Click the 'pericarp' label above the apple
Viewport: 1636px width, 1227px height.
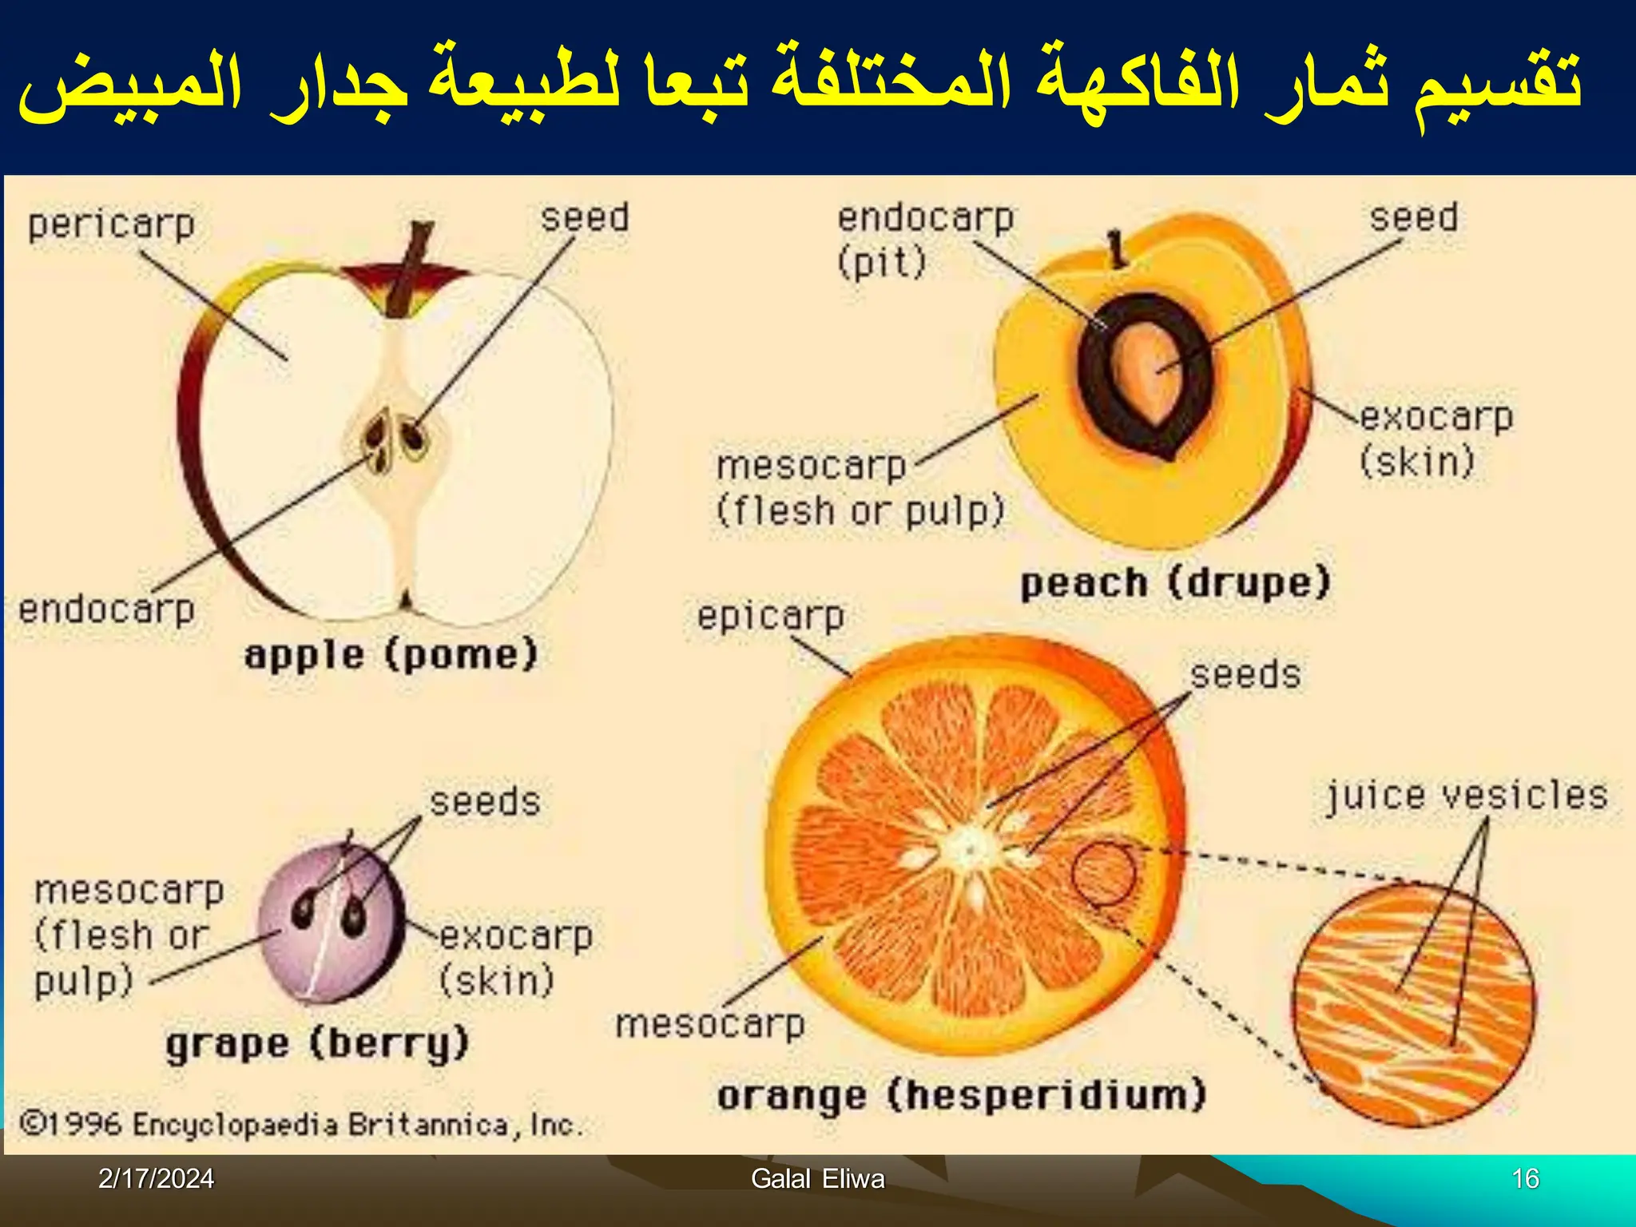[112, 225]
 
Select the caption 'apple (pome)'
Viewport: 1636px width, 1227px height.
[391, 656]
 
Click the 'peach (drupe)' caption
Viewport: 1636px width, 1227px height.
[1175, 583]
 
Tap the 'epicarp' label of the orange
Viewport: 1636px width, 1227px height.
[770, 617]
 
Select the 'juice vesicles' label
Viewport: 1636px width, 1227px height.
[1467, 796]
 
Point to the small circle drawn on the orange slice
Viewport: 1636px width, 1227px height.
[1102, 874]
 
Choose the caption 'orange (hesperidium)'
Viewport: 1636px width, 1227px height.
[961, 1096]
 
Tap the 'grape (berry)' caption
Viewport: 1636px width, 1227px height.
[317, 1044]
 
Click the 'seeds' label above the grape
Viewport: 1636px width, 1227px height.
[485, 802]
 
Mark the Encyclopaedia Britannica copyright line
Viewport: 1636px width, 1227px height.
[301, 1125]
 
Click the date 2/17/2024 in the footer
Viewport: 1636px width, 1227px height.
[156, 1179]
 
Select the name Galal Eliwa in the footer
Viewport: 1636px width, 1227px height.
[818, 1179]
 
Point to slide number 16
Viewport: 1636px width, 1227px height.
[1525, 1179]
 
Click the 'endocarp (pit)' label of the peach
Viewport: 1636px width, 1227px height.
[924, 240]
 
